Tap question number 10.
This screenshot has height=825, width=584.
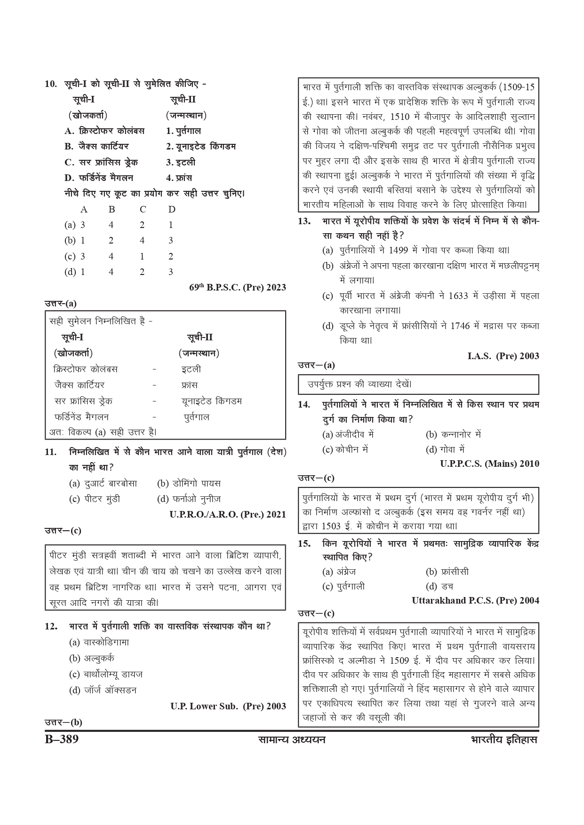tap(51, 85)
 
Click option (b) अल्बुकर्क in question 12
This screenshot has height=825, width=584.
tap(92, 658)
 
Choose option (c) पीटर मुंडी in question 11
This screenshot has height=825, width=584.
tap(95, 499)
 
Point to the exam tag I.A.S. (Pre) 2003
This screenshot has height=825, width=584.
tap(503, 356)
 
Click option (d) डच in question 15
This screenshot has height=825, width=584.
tap(440, 586)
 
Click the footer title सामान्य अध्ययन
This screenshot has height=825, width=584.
tap(292, 740)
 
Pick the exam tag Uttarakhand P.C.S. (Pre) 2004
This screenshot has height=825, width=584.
tap(475, 600)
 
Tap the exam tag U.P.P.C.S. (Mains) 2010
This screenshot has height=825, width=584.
tap(490, 464)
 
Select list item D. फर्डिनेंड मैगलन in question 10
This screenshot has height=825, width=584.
tap(99, 178)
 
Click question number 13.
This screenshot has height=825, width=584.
tap(304, 221)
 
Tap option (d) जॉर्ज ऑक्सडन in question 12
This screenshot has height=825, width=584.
tap(103, 690)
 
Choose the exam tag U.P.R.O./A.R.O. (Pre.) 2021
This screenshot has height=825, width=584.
tap(228, 514)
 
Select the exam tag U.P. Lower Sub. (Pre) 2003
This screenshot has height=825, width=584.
tap(228, 706)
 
